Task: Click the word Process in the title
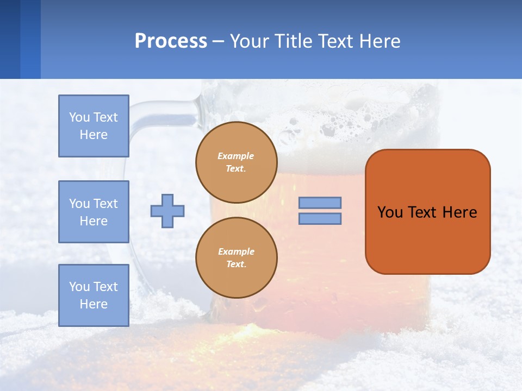(x=171, y=41)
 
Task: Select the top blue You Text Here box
(x=94, y=126)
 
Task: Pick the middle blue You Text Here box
(x=94, y=212)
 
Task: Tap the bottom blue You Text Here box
(x=94, y=295)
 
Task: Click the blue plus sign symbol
(x=167, y=211)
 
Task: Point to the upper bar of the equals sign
(x=320, y=203)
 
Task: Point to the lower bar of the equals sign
(x=320, y=218)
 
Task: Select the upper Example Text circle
(x=236, y=162)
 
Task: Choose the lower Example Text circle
(x=236, y=258)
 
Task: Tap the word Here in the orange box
(x=459, y=212)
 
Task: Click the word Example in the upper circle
(x=236, y=156)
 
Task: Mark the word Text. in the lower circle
(x=236, y=264)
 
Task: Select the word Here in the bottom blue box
(x=94, y=304)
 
